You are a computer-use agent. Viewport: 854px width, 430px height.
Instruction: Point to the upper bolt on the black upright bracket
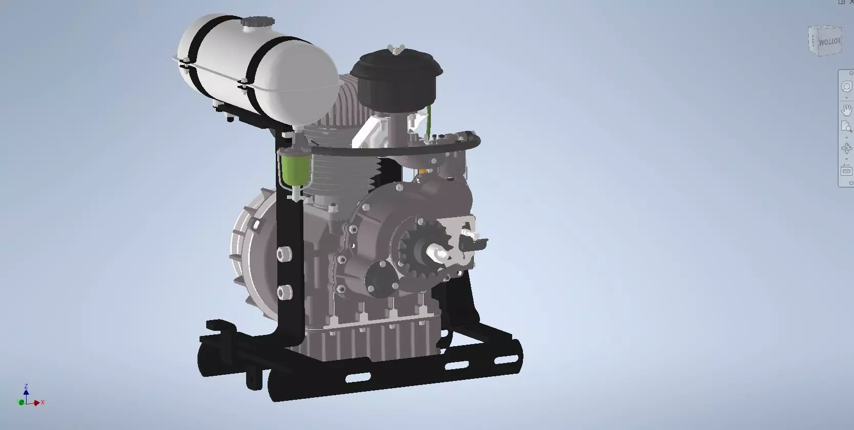coord(282,254)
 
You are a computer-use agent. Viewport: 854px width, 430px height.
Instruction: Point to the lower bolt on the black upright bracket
coord(282,292)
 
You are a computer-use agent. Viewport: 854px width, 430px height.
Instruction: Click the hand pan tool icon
coord(846,109)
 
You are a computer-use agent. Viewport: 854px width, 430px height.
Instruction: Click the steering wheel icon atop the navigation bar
coord(846,87)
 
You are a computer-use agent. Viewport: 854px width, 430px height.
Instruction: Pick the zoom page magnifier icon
coord(846,127)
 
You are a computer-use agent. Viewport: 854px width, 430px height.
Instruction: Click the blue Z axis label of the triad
coord(26,387)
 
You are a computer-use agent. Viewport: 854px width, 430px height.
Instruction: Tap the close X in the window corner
coord(851,2)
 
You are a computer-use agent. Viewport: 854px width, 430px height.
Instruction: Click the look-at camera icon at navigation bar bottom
coord(846,171)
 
